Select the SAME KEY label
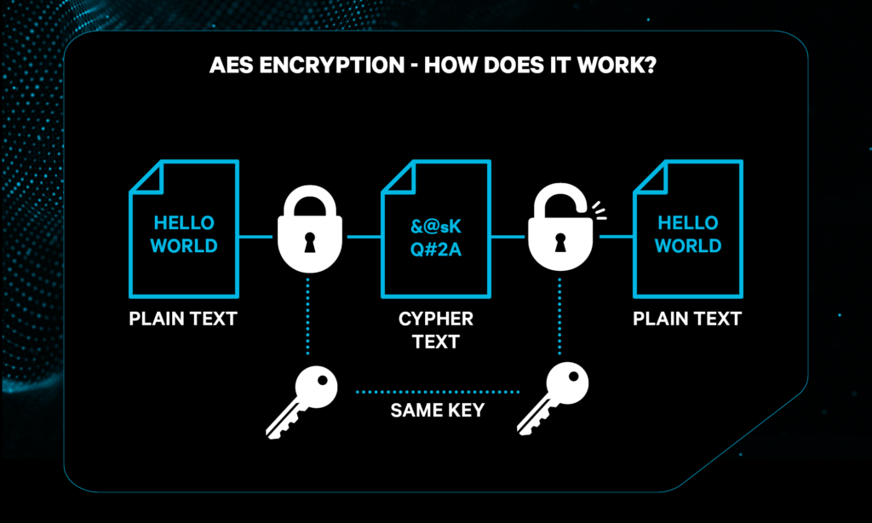[437, 411]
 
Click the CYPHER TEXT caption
[436, 330]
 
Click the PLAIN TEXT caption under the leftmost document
[183, 320]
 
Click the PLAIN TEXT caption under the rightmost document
[687, 320]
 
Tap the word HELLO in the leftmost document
[184, 223]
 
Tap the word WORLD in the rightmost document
[688, 246]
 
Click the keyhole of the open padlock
[560, 244]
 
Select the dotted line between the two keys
[437, 392]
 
